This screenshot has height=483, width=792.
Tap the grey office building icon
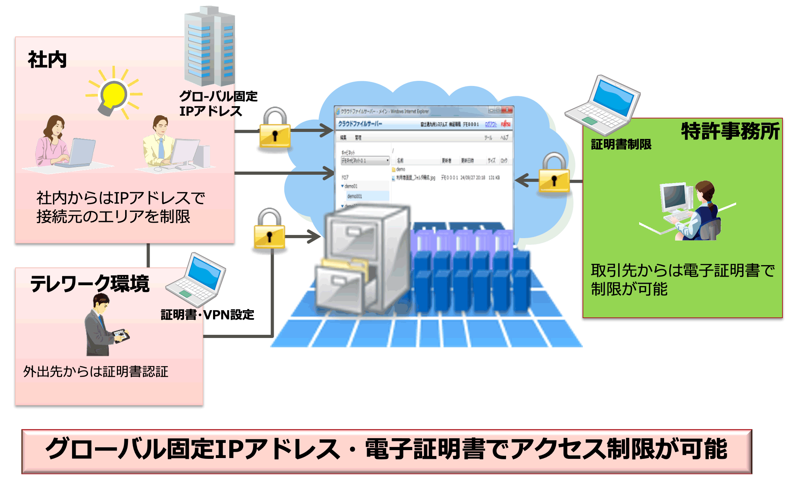click(210, 47)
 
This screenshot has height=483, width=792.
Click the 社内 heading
click(47, 60)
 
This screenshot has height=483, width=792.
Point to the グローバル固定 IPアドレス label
click(218, 103)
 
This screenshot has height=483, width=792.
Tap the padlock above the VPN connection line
click(269, 230)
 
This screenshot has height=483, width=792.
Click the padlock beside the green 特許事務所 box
click(554, 174)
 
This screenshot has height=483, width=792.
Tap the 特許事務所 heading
click(730, 131)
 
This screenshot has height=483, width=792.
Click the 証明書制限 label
click(621, 145)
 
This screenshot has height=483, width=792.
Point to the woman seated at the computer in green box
click(701, 212)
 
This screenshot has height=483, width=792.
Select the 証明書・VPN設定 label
click(207, 315)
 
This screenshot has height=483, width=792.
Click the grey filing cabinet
click(362, 260)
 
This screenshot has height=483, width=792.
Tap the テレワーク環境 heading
click(90, 284)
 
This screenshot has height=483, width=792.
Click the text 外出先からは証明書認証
click(96, 372)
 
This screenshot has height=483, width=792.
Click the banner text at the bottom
click(386, 449)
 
